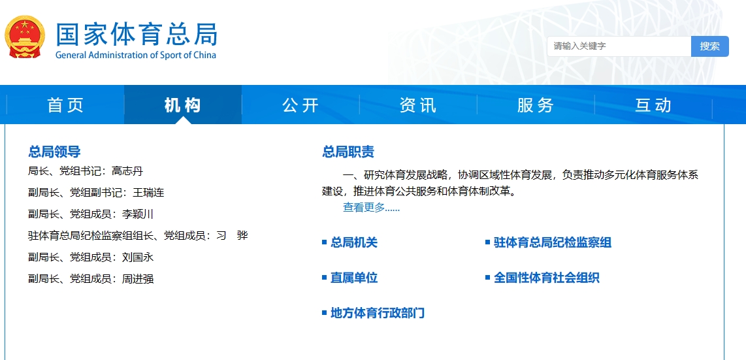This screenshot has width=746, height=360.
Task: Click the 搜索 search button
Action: pos(709,46)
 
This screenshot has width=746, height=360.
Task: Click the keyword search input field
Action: pos(619,46)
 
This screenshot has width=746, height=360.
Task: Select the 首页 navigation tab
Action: pos(66,105)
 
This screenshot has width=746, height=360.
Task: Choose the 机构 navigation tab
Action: pos(183,105)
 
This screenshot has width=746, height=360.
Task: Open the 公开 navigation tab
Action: pos(300,105)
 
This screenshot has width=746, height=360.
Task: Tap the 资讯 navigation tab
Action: pos(417,105)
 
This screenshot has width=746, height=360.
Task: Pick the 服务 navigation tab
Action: pos(535,105)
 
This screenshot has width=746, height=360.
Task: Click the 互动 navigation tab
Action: pos(653,105)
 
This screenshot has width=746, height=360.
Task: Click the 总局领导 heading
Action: pos(54,152)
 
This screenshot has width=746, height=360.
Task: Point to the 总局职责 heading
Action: pos(348,152)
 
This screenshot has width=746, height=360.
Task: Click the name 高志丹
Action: pos(127,171)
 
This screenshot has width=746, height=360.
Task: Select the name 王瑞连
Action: pos(148,193)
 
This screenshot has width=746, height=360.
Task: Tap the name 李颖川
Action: pos(138,214)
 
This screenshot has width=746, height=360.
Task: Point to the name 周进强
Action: pos(138,279)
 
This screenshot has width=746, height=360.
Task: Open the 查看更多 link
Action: pos(371,208)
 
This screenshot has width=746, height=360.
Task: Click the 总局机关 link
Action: pos(353,242)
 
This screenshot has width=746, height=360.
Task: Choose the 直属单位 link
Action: pos(353,278)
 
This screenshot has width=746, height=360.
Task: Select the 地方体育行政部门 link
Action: pos(377,313)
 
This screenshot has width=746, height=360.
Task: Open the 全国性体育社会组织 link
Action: pos(546,278)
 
